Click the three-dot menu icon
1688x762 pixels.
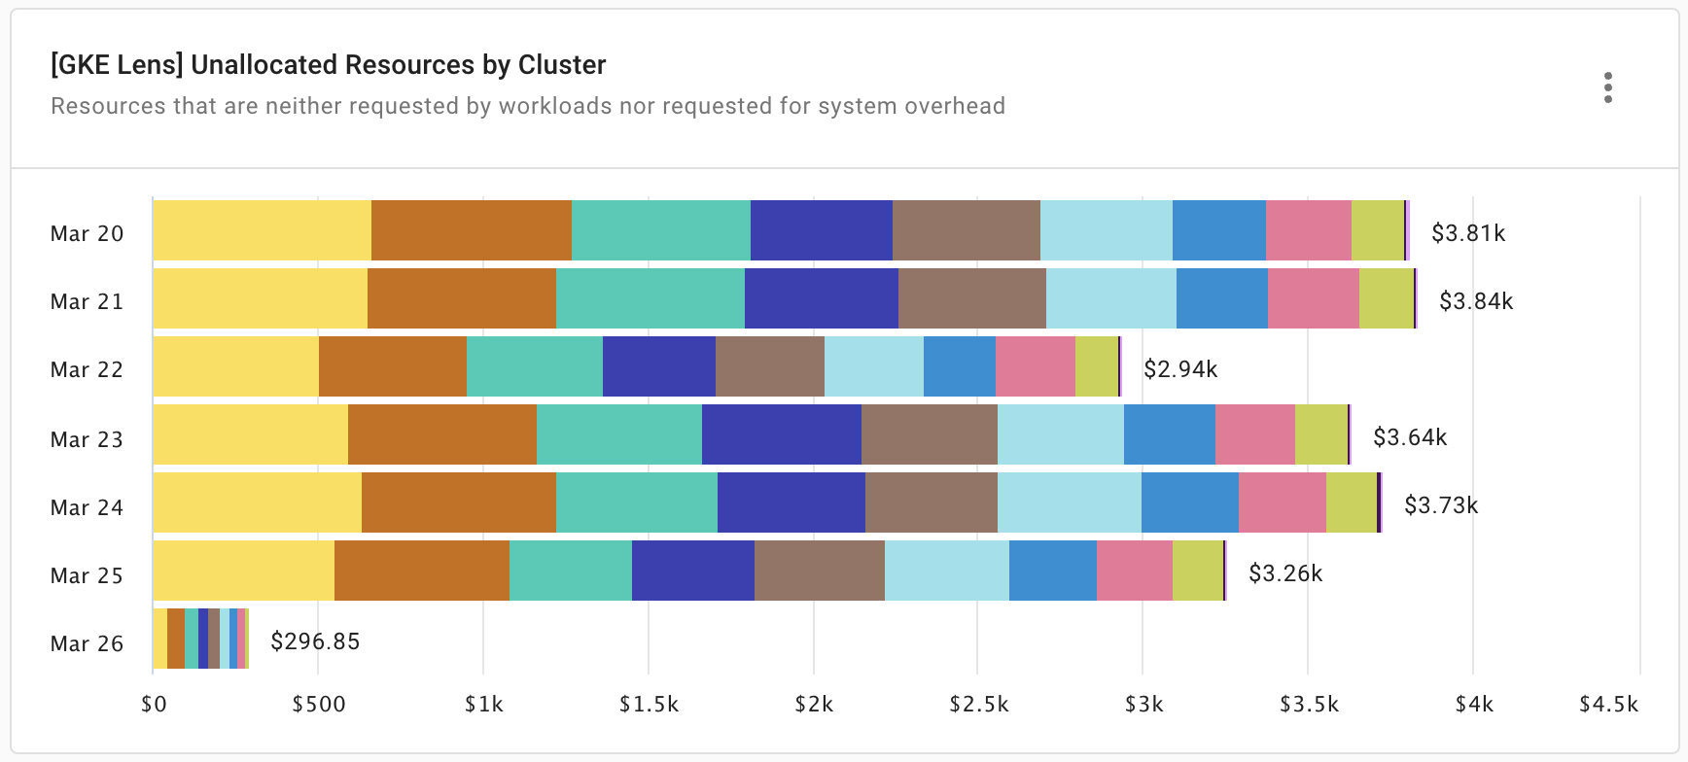pos(1607,87)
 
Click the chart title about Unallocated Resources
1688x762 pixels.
pos(328,65)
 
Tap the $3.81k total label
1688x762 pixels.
pos(1467,233)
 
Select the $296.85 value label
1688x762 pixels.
pos(315,641)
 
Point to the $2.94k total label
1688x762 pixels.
pos(1179,369)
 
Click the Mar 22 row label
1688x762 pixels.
pos(87,370)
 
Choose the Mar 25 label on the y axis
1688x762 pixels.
pos(87,575)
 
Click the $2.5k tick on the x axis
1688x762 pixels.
pos(978,705)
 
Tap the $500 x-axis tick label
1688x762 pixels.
pos(319,705)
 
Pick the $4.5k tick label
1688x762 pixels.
pos(1608,705)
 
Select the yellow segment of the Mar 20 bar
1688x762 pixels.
pos(262,230)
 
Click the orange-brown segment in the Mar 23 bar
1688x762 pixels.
pos(441,434)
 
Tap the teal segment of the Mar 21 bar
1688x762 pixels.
pos(650,298)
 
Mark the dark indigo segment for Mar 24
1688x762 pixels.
pos(791,502)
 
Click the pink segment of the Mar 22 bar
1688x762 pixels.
pos(1035,366)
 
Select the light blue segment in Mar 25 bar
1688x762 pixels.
pos(946,571)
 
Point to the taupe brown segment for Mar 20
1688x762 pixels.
pos(966,230)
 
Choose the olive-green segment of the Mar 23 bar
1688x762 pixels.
pos(1320,434)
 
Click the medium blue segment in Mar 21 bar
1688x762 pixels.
pos(1221,298)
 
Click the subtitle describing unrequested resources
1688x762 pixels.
pos(527,106)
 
